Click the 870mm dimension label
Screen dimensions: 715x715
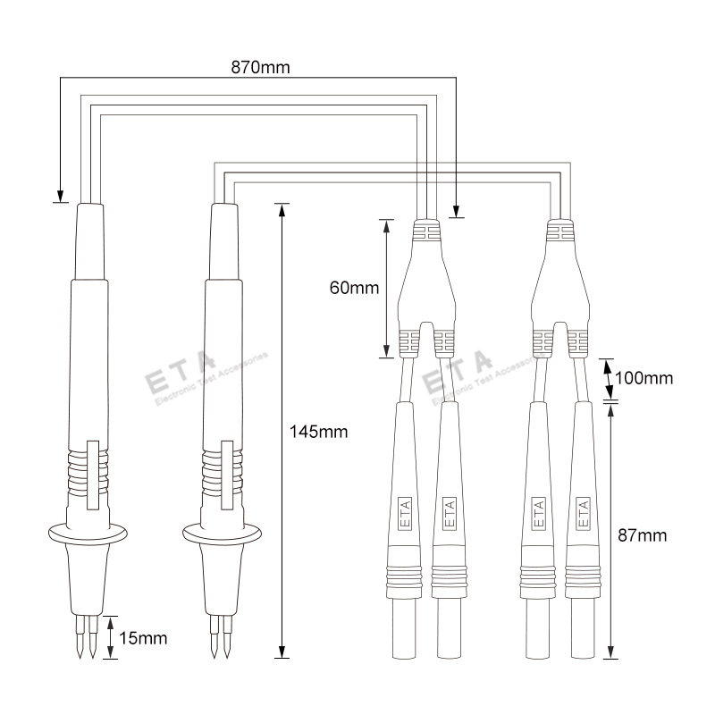coord(260,68)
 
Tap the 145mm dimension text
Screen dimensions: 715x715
coord(318,432)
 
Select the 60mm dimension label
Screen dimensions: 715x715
coord(354,288)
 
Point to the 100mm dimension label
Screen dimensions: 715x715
coord(643,378)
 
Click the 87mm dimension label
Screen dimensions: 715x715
coord(642,534)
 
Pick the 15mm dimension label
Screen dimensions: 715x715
coord(143,638)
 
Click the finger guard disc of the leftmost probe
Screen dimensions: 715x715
coord(88,534)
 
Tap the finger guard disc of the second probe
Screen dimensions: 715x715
coord(222,534)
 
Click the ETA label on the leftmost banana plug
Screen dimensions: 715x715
coord(405,513)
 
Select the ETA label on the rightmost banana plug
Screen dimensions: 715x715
coord(583,513)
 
